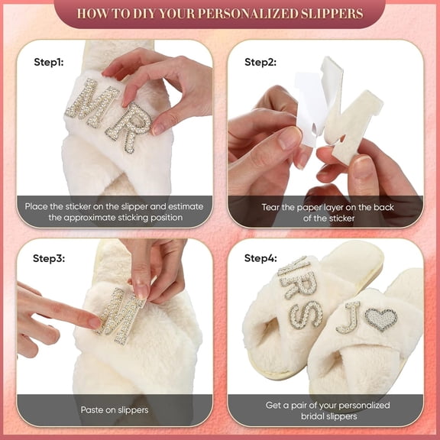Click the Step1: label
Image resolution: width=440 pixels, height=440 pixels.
(x=48, y=61)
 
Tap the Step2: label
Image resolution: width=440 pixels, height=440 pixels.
(x=260, y=61)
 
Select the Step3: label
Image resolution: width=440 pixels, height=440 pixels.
(x=48, y=257)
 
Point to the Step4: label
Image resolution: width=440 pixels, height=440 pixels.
(x=260, y=257)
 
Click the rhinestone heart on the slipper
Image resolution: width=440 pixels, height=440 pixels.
(x=380, y=318)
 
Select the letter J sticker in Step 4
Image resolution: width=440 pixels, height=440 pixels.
(x=350, y=317)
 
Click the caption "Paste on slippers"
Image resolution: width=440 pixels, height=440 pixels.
(x=115, y=410)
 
